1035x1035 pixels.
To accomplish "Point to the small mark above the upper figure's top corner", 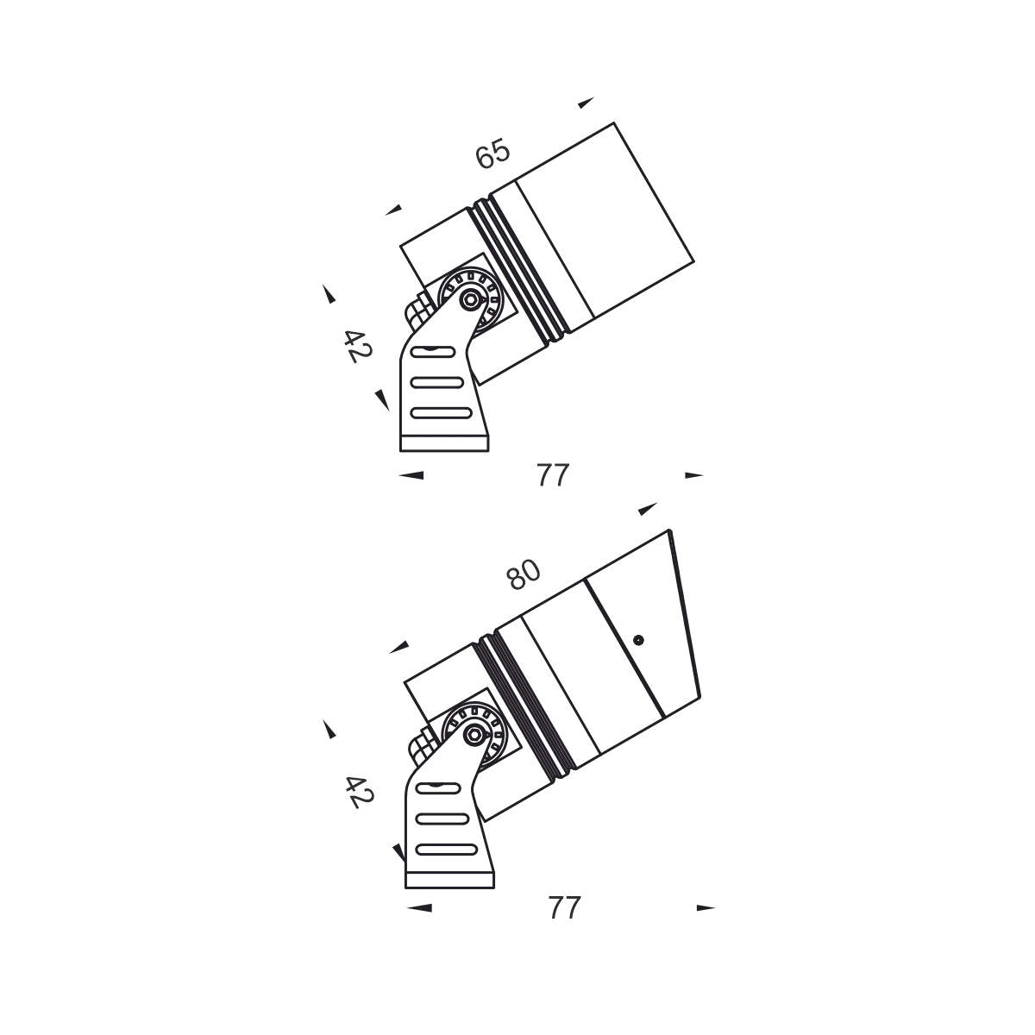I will [x=586, y=103].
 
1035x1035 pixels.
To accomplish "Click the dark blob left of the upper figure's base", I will [x=354, y=344].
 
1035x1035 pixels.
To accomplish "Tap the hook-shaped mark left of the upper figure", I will [x=328, y=296].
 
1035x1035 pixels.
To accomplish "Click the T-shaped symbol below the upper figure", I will [x=552, y=476].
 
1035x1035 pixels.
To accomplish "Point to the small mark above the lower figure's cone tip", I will [x=649, y=507].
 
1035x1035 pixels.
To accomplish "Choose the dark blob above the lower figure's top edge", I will [x=524, y=574].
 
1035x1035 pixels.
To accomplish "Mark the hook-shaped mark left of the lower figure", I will [x=328, y=731].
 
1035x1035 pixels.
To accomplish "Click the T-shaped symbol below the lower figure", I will [x=566, y=906].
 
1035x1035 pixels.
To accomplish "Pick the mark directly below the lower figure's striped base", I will [x=417, y=907].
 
